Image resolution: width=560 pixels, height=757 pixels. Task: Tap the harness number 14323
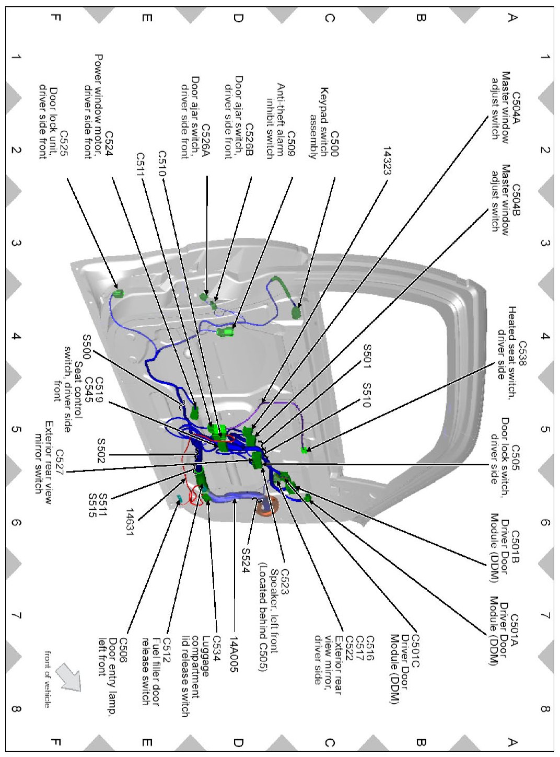pyautogui.click(x=387, y=160)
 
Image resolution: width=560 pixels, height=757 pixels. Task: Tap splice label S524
pyautogui.click(x=245, y=560)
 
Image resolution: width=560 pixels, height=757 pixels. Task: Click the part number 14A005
pyautogui.click(x=234, y=653)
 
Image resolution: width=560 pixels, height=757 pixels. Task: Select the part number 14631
pyautogui.click(x=130, y=520)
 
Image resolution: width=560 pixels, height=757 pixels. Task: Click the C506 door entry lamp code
pyautogui.click(x=123, y=650)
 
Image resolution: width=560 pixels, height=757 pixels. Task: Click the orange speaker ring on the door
pyautogui.click(x=270, y=507)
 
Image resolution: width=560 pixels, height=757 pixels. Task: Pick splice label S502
pyautogui.click(x=101, y=451)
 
